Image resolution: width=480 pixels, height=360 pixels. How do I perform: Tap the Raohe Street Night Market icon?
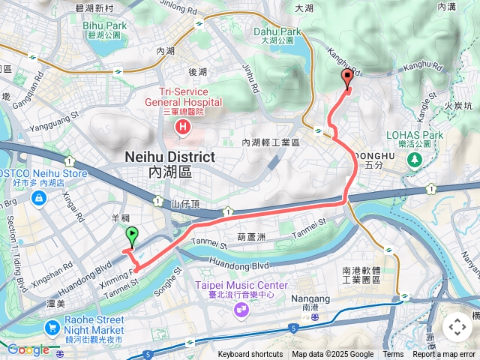[x=52, y=328]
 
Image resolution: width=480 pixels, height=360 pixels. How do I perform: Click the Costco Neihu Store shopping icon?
[x=37, y=198]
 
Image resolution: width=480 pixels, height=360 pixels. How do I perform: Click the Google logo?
[x=28, y=349]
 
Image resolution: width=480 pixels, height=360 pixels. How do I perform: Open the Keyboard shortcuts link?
[x=250, y=355]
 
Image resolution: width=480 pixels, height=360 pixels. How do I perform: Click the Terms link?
[x=393, y=355]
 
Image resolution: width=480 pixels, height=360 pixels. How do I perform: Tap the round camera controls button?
[x=457, y=327]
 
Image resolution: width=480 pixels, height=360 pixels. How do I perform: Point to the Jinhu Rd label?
[x=249, y=78]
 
